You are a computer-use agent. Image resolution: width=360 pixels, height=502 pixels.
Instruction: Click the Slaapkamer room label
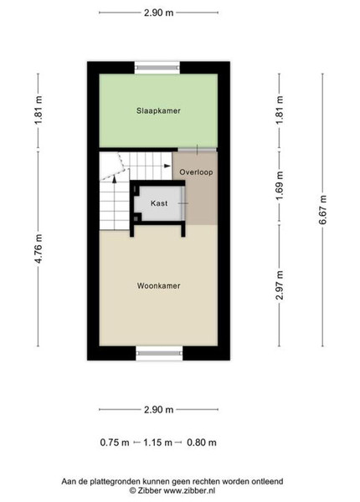tap(158, 110)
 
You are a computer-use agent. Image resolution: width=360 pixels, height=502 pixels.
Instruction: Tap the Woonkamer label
tap(158, 286)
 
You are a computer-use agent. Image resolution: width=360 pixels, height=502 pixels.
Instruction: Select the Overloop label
tap(196, 172)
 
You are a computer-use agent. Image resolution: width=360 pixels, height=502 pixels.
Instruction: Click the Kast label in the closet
tap(159, 203)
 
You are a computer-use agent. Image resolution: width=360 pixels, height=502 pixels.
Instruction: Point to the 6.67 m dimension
tap(322, 210)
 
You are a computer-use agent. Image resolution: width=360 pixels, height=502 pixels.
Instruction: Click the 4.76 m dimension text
tap(39, 248)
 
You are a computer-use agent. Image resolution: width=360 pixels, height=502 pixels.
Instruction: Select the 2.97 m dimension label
tap(280, 285)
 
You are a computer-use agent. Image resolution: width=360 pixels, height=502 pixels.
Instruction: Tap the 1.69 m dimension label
tap(280, 186)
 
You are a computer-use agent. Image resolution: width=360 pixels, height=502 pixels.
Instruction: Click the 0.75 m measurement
tap(115, 443)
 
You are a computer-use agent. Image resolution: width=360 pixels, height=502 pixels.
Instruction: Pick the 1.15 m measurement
tap(157, 443)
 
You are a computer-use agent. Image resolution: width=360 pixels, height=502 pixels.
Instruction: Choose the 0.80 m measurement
tap(202, 443)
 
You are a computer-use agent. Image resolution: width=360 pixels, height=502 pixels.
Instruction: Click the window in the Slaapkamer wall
tap(157, 68)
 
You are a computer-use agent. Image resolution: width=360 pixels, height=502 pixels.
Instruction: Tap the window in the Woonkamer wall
tap(159, 353)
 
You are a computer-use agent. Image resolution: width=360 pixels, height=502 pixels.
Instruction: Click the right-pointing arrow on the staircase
tap(167, 166)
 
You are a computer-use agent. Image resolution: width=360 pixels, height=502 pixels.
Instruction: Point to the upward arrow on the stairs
tap(115, 179)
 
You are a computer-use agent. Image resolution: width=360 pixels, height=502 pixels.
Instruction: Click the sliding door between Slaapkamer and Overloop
tap(198, 150)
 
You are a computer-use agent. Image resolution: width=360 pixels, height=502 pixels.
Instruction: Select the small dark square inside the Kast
tap(136, 218)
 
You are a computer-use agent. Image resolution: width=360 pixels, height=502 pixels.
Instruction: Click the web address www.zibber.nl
tap(189, 490)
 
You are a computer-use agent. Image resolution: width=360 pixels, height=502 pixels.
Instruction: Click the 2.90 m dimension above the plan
tap(158, 13)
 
